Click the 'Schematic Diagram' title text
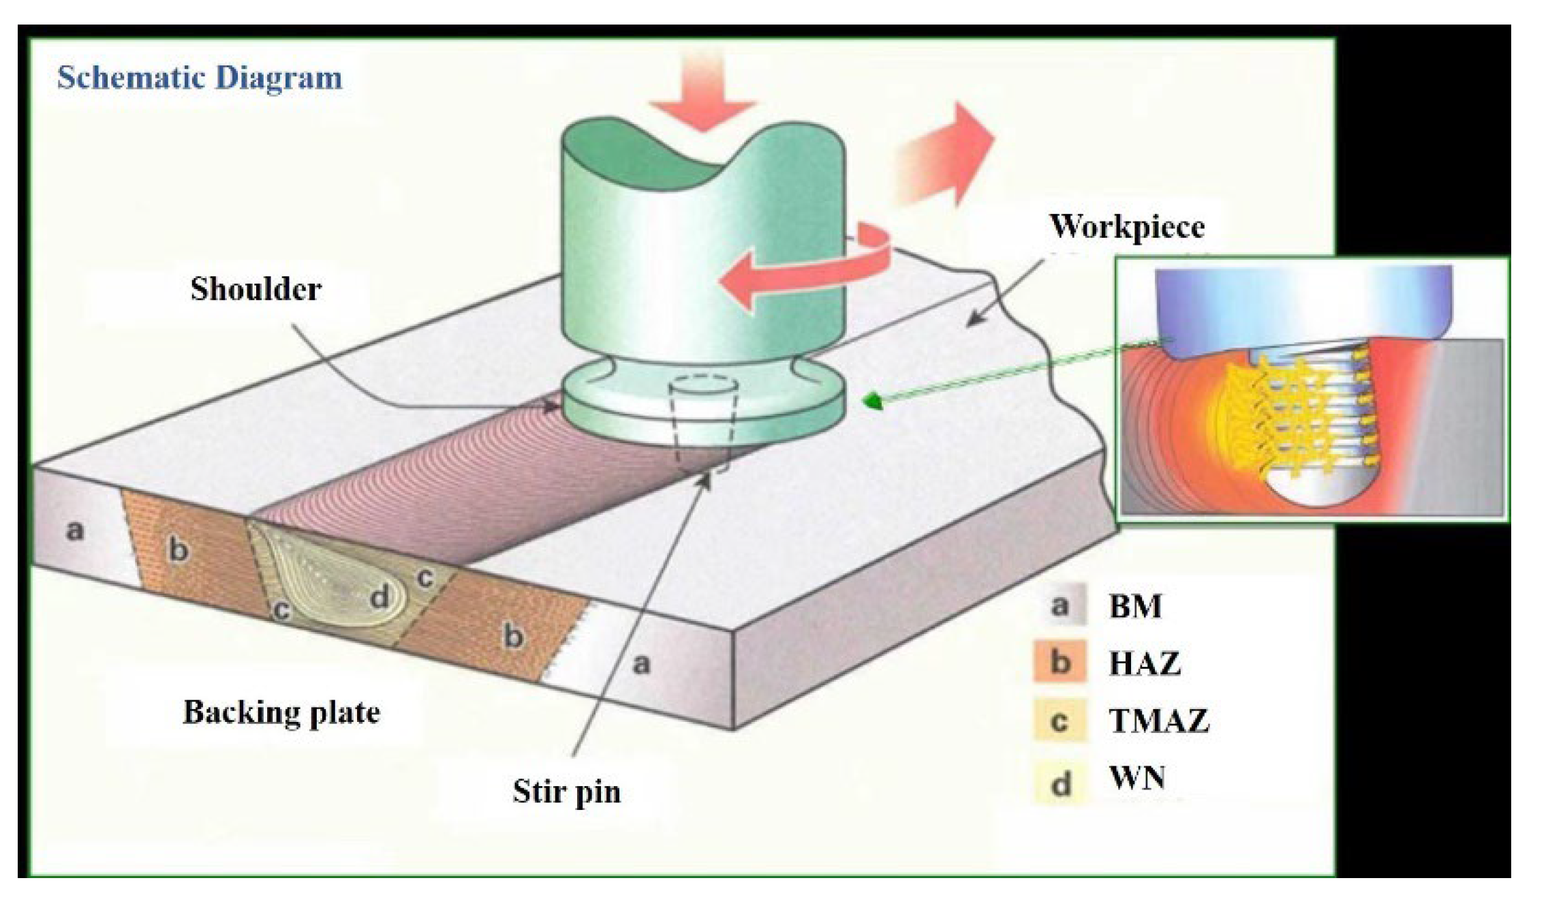click(199, 77)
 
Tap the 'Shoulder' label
click(256, 289)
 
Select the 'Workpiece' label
click(1127, 226)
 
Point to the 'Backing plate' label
click(281, 712)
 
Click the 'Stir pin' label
click(566, 792)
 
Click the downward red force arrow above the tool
click(702, 95)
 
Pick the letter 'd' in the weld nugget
click(379, 597)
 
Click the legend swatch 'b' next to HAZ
click(1060, 662)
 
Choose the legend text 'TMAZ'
click(1159, 721)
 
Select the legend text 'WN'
click(1137, 777)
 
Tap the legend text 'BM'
click(1135, 606)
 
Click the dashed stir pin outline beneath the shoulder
click(702, 423)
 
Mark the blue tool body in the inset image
click(1301, 307)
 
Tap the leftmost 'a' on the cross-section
click(75, 530)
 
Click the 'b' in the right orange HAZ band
click(513, 636)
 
